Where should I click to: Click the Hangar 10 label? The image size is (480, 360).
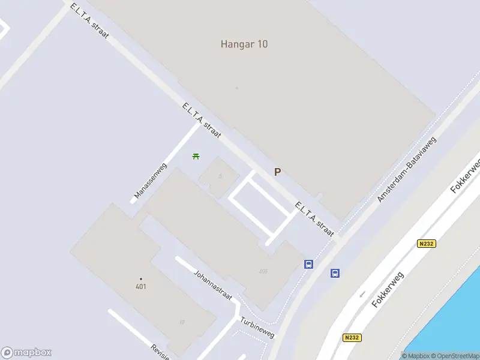(244, 44)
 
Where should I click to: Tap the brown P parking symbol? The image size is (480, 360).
(277, 172)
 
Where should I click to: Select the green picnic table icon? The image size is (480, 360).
(196, 156)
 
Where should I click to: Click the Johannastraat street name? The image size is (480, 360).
(213, 285)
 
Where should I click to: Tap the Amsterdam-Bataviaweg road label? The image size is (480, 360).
(407, 169)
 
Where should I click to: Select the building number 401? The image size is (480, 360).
(141, 286)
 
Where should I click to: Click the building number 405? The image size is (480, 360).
(263, 271)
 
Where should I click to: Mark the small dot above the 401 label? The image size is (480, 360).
(141, 278)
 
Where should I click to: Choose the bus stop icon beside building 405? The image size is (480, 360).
(309, 264)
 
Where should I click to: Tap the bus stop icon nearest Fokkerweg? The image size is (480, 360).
(335, 273)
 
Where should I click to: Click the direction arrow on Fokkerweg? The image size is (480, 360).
(362, 295)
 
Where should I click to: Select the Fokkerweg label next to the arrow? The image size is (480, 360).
(388, 289)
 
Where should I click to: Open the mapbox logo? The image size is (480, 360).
(26, 353)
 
